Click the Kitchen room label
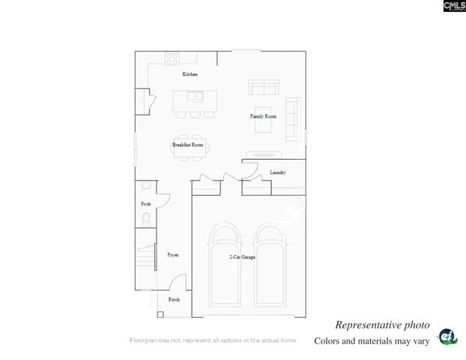(x=190, y=74)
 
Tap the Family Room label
(x=263, y=116)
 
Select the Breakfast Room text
(x=188, y=144)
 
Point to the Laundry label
(x=278, y=172)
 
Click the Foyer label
(x=172, y=255)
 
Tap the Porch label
(x=174, y=299)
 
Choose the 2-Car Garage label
(x=242, y=257)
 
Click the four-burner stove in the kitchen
(x=172, y=58)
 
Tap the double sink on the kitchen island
(x=196, y=97)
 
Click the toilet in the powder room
(x=146, y=218)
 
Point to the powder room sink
(x=145, y=184)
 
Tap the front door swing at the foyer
(x=178, y=283)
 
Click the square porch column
(x=160, y=314)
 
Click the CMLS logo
(x=454, y=6)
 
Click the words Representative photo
(x=382, y=325)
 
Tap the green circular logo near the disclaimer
(x=447, y=337)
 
